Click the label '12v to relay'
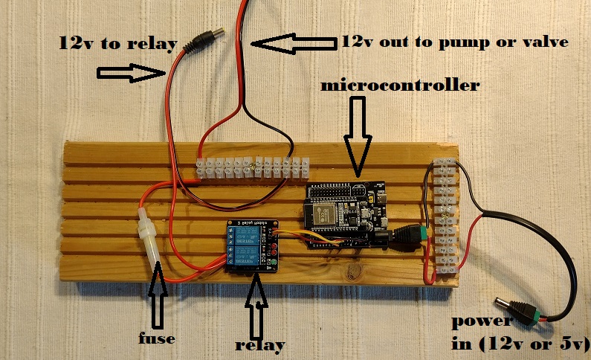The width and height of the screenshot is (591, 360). coord(117,43)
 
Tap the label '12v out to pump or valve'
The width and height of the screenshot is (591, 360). coord(455,42)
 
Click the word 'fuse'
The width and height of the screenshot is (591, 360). coord(158,338)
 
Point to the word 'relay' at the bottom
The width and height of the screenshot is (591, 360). coord(260,345)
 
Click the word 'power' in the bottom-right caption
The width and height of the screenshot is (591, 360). coord(482,322)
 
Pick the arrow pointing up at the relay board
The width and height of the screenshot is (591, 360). coord(257,306)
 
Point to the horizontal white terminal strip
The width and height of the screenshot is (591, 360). coord(251,168)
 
